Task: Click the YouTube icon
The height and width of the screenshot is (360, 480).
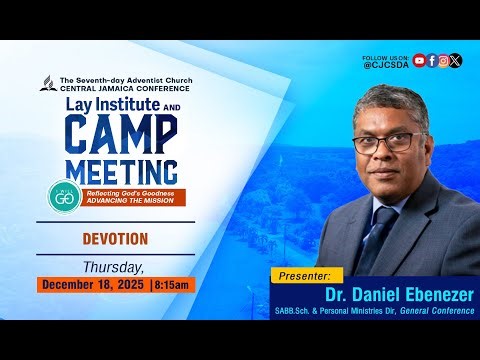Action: coord(419,60)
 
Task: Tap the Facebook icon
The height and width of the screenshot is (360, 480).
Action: coord(432,60)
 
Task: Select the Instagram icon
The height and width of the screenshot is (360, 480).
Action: coord(444,60)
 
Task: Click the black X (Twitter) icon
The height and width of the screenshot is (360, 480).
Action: coord(456,60)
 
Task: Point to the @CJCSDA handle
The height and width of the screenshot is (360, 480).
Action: coord(385,67)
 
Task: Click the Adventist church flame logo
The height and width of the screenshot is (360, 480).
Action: coord(47,83)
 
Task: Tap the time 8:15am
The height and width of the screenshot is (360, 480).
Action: coord(172,285)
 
